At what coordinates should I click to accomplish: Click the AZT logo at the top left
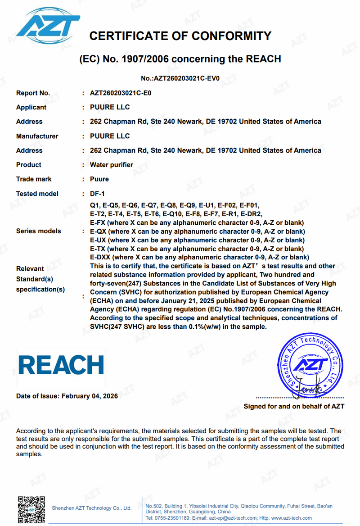(48, 24)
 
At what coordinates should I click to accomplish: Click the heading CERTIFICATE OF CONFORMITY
(180, 36)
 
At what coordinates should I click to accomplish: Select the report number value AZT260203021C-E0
(121, 93)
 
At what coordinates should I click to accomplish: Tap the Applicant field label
(31, 107)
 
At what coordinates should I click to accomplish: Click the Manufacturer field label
(37, 136)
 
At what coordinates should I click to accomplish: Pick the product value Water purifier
(112, 165)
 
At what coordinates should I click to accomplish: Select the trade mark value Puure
(99, 179)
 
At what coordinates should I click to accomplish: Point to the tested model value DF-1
(97, 194)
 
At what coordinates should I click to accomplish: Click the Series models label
(38, 231)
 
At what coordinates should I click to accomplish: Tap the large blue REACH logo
(61, 365)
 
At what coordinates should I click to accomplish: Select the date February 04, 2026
(90, 396)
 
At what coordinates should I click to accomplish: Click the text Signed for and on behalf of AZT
(294, 406)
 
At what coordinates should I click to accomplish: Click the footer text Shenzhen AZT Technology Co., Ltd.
(92, 508)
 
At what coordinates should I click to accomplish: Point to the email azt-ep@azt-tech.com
(232, 518)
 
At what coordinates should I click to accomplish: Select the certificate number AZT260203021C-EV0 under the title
(186, 78)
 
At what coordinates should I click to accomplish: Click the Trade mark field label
(34, 179)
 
